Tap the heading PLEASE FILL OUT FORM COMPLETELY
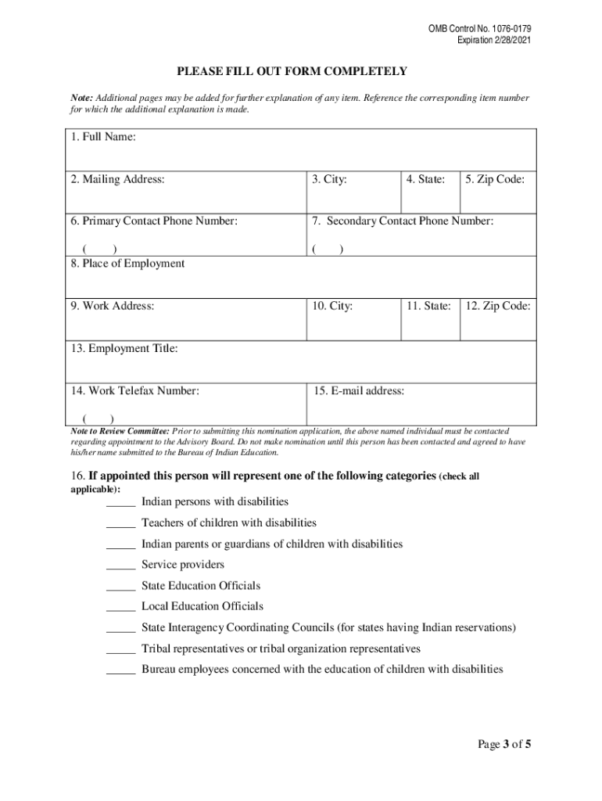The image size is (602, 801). (x=292, y=72)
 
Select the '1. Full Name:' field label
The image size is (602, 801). (x=103, y=138)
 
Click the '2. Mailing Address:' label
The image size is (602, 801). (x=117, y=180)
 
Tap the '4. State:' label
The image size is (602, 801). (x=425, y=180)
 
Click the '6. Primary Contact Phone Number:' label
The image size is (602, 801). (x=154, y=221)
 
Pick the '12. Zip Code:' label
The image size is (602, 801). (x=498, y=306)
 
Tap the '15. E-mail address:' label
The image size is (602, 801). (x=359, y=391)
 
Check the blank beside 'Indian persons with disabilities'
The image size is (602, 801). (x=120, y=503)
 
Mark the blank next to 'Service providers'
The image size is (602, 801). (x=120, y=566)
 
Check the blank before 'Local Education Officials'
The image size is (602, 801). (x=120, y=608)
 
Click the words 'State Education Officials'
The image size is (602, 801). (x=201, y=586)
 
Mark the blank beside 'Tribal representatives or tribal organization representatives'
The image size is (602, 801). (x=120, y=650)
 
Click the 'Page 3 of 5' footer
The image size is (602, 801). (x=505, y=744)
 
